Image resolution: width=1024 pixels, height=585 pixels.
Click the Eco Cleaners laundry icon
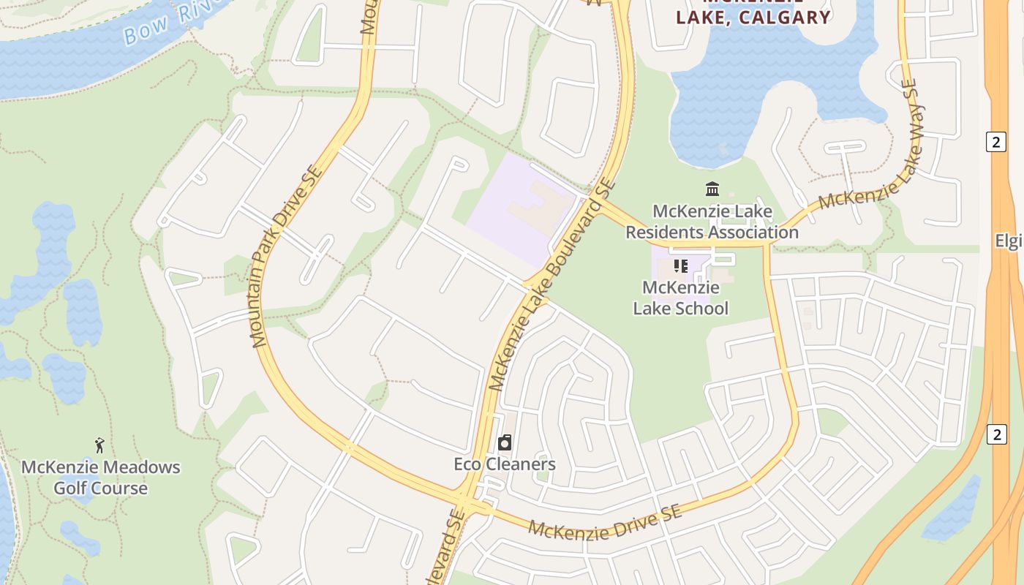point(504,442)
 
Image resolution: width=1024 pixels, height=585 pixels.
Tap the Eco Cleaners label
point(505,464)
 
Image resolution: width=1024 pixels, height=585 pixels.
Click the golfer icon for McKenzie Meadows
point(99,445)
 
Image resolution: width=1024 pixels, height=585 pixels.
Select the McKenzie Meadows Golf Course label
point(100,478)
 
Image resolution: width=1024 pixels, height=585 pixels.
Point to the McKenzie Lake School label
point(680,298)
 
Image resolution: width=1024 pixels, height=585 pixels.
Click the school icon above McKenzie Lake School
point(681,266)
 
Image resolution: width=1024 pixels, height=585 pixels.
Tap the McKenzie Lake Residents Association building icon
point(712,189)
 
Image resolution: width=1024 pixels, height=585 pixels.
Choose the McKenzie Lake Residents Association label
point(712,222)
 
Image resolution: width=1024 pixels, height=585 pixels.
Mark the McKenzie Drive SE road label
point(605,521)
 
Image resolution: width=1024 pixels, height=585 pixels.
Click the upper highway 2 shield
point(995,141)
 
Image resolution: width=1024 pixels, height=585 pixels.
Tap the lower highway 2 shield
point(995,434)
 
